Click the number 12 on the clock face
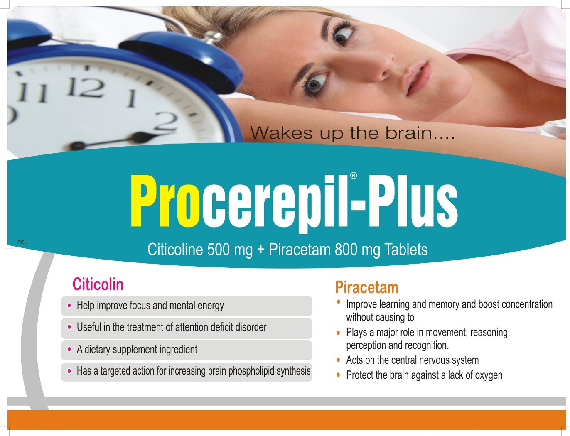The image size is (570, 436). [86, 87]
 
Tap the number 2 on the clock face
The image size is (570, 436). [167, 121]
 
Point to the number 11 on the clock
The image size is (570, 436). [33, 92]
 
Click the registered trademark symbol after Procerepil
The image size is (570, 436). [354, 176]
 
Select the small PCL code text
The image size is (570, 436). [22, 242]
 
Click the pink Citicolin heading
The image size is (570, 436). [98, 284]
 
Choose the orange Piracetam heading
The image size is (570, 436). [366, 287]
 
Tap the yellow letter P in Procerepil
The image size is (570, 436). [143, 200]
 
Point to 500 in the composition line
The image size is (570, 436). [219, 250]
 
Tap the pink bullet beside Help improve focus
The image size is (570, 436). [69, 306]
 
